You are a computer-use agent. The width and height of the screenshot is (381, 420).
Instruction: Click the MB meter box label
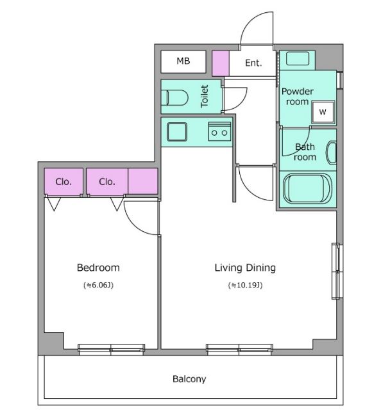(x=183, y=61)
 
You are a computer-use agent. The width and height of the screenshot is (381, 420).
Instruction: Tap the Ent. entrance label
(x=253, y=63)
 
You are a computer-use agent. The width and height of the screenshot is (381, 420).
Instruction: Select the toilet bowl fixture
(x=174, y=98)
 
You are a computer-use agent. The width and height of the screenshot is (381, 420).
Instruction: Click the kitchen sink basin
(x=177, y=132)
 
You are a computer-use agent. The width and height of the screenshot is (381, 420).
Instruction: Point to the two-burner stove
(x=220, y=131)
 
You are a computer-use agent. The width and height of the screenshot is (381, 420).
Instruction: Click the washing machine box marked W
(x=323, y=111)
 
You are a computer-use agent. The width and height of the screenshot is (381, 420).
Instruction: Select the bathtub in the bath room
(x=308, y=188)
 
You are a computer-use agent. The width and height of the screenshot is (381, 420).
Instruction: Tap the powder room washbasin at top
(x=298, y=58)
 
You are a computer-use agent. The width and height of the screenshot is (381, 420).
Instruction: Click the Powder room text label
(x=297, y=97)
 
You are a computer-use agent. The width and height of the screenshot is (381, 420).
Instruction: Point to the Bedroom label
(x=98, y=268)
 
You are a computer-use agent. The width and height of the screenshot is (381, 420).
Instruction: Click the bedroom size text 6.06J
(x=99, y=286)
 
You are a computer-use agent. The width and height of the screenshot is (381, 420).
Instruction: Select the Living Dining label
(x=245, y=268)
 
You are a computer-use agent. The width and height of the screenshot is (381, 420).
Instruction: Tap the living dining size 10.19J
(x=245, y=286)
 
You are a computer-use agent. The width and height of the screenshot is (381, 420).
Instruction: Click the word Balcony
(x=189, y=379)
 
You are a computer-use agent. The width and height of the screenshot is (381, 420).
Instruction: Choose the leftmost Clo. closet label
(x=63, y=182)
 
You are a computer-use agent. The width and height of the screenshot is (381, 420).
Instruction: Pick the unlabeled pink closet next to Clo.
(x=143, y=181)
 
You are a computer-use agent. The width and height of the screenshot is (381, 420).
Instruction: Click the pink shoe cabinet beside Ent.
(x=221, y=63)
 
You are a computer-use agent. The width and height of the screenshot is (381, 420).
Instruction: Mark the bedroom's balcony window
(x=112, y=350)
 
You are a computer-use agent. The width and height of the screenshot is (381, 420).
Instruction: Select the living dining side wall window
(x=337, y=271)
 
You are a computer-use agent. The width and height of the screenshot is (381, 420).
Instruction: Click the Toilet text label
(x=205, y=97)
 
